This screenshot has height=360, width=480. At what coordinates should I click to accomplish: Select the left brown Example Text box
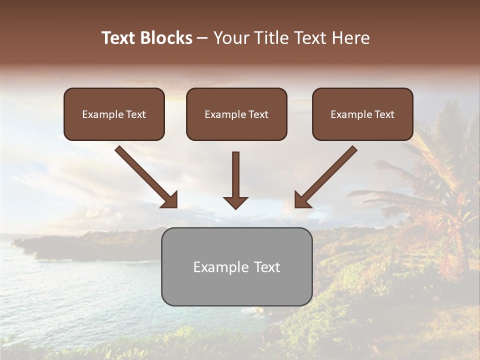[114, 114]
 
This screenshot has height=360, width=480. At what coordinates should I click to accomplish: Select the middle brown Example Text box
[236, 114]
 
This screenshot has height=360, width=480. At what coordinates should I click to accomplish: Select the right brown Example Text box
[362, 114]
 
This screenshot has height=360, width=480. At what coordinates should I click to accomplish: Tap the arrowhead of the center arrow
[235, 202]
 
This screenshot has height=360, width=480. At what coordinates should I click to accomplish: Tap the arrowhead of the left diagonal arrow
[170, 200]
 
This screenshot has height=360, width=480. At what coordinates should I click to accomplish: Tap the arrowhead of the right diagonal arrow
[301, 200]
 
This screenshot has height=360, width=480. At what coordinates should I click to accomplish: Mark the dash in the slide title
[203, 38]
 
